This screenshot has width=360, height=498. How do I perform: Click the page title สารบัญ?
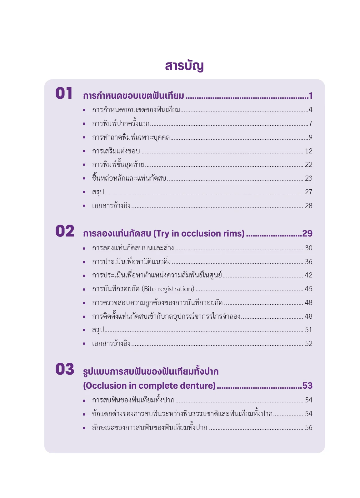pyautogui.click(x=184, y=66)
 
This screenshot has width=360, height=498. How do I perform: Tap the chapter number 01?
pyautogui.click(x=64, y=93)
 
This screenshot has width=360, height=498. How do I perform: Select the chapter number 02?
pyautogui.click(x=65, y=231)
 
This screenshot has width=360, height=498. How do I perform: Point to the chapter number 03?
pyautogui.click(x=65, y=369)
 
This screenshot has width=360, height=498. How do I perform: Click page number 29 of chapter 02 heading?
pyautogui.click(x=307, y=233)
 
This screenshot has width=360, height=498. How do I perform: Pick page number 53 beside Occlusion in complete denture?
pyautogui.click(x=307, y=386)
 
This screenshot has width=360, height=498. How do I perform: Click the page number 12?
pyautogui.click(x=308, y=151)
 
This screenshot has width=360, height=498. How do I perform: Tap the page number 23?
pyautogui.click(x=308, y=178)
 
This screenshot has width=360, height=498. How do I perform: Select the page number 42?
pyautogui.click(x=308, y=275)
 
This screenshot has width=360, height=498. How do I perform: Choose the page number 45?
pyautogui.click(x=308, y=289)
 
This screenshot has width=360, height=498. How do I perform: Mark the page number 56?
pyautogui.click(x=308, y=428)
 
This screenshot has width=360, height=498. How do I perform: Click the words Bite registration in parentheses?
pyautogui.click(x=168, y=289)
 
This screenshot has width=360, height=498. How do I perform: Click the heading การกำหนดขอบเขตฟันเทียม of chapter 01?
pyautogui.click(x=133, y=96)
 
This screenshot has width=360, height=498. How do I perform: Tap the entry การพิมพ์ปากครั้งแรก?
pyautogui.click(x=121, y=124)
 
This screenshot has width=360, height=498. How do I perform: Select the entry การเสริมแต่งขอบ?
pyautogui.click(x=116, y=151)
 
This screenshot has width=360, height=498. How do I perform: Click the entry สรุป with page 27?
pyautogui.click(x=98, y=192)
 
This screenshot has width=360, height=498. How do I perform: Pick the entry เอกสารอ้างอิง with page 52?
pyautogui.click(x=111, y=344)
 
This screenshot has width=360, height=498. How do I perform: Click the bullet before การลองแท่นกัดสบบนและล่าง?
pyautogui.click(x=84, y=248)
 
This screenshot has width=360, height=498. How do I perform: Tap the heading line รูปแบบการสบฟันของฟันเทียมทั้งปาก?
pyautogui.click(x=151, y=371)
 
